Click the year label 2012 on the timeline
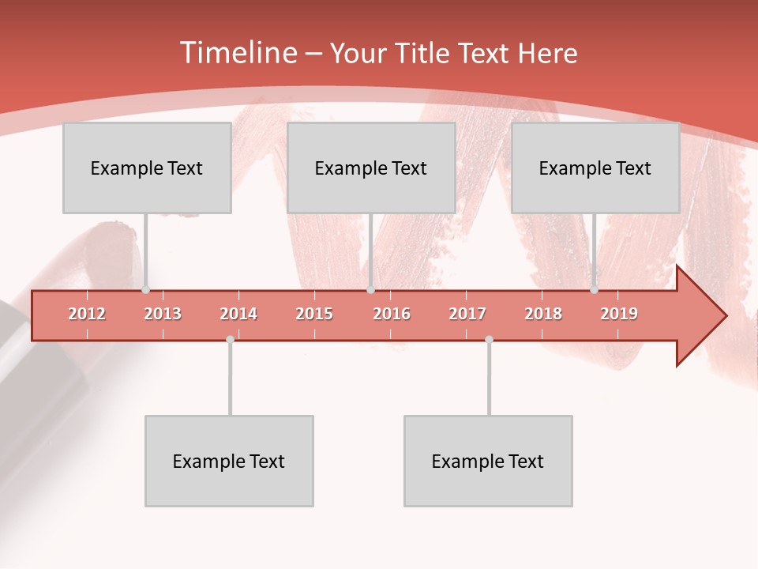tap(87, 314)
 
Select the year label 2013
tap(163, 314)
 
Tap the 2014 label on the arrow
tap(238, 314)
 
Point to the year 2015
tap(314, 314)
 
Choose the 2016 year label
tap(392, 314)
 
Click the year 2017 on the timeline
tap(467, 314)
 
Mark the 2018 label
tap(543, 314)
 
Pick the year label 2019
tap(619, 314)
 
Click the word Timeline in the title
tap(237, 53)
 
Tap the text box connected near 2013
tap(147, 168)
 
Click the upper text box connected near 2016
tap(371, 168)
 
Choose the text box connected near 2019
tap(595, 168)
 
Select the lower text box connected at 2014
tap(229, 461)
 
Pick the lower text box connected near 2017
tap(488, 461)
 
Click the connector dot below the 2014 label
tap(230, 339)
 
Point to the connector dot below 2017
tap(489, 339)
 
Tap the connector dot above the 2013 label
tap(145, 289)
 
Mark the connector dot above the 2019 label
tap(594, 289)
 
